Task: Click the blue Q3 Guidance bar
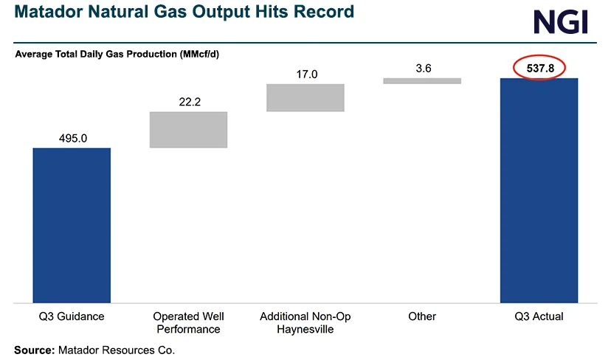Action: [72, 225]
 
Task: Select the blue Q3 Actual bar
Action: [539, 190]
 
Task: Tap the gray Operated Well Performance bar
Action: [188, 130]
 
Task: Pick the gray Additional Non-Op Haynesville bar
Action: [305, 97]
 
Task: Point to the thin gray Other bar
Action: [422, 81]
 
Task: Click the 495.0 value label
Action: [72, 137]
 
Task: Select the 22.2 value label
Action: [189, 102]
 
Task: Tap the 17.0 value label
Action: [305, 74]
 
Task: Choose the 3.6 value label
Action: [423, 68]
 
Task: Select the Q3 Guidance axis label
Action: [72, 316]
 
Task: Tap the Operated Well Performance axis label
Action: [188, 322]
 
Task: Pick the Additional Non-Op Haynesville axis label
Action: [305, 322]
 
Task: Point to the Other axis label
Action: [422, 316]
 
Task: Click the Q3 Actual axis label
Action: [539, 316]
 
